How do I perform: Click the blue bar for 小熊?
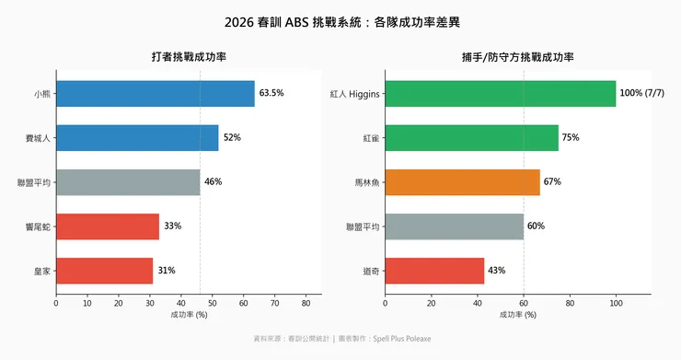pos(155,94)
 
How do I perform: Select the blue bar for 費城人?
pos(137,138)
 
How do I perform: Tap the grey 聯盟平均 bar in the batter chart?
pos(128,182)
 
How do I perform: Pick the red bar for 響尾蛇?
pos(108,226)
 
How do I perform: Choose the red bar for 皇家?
pos(104,271)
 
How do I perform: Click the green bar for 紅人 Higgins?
pos(500,94)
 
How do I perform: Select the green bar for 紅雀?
pos(471,138)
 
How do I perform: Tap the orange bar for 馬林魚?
pos(462,182)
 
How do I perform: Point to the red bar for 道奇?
pos(434,271)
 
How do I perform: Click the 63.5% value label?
pos(271,93)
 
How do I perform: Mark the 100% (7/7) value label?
pos(644,93)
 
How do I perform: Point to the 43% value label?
pos(497,270)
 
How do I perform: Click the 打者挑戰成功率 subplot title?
pos(189,57)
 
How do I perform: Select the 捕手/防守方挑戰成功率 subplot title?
pos(517,57)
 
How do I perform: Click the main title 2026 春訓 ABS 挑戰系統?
pos(340,20)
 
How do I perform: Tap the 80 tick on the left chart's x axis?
pos(306,302)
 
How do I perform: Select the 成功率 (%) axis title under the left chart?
pos(189,315)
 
